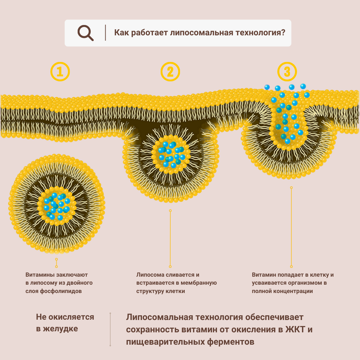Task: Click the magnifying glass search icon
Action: click(x=85, y=33)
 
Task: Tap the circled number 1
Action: click(x=60, y=71)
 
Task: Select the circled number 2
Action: click(x=170, y=71)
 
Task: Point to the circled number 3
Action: click(x=287, y=71)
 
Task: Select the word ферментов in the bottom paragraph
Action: click(x=230, y=342)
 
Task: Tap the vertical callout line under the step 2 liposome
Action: click(x=170, y=238)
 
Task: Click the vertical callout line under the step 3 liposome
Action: click(x=291, y=227)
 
